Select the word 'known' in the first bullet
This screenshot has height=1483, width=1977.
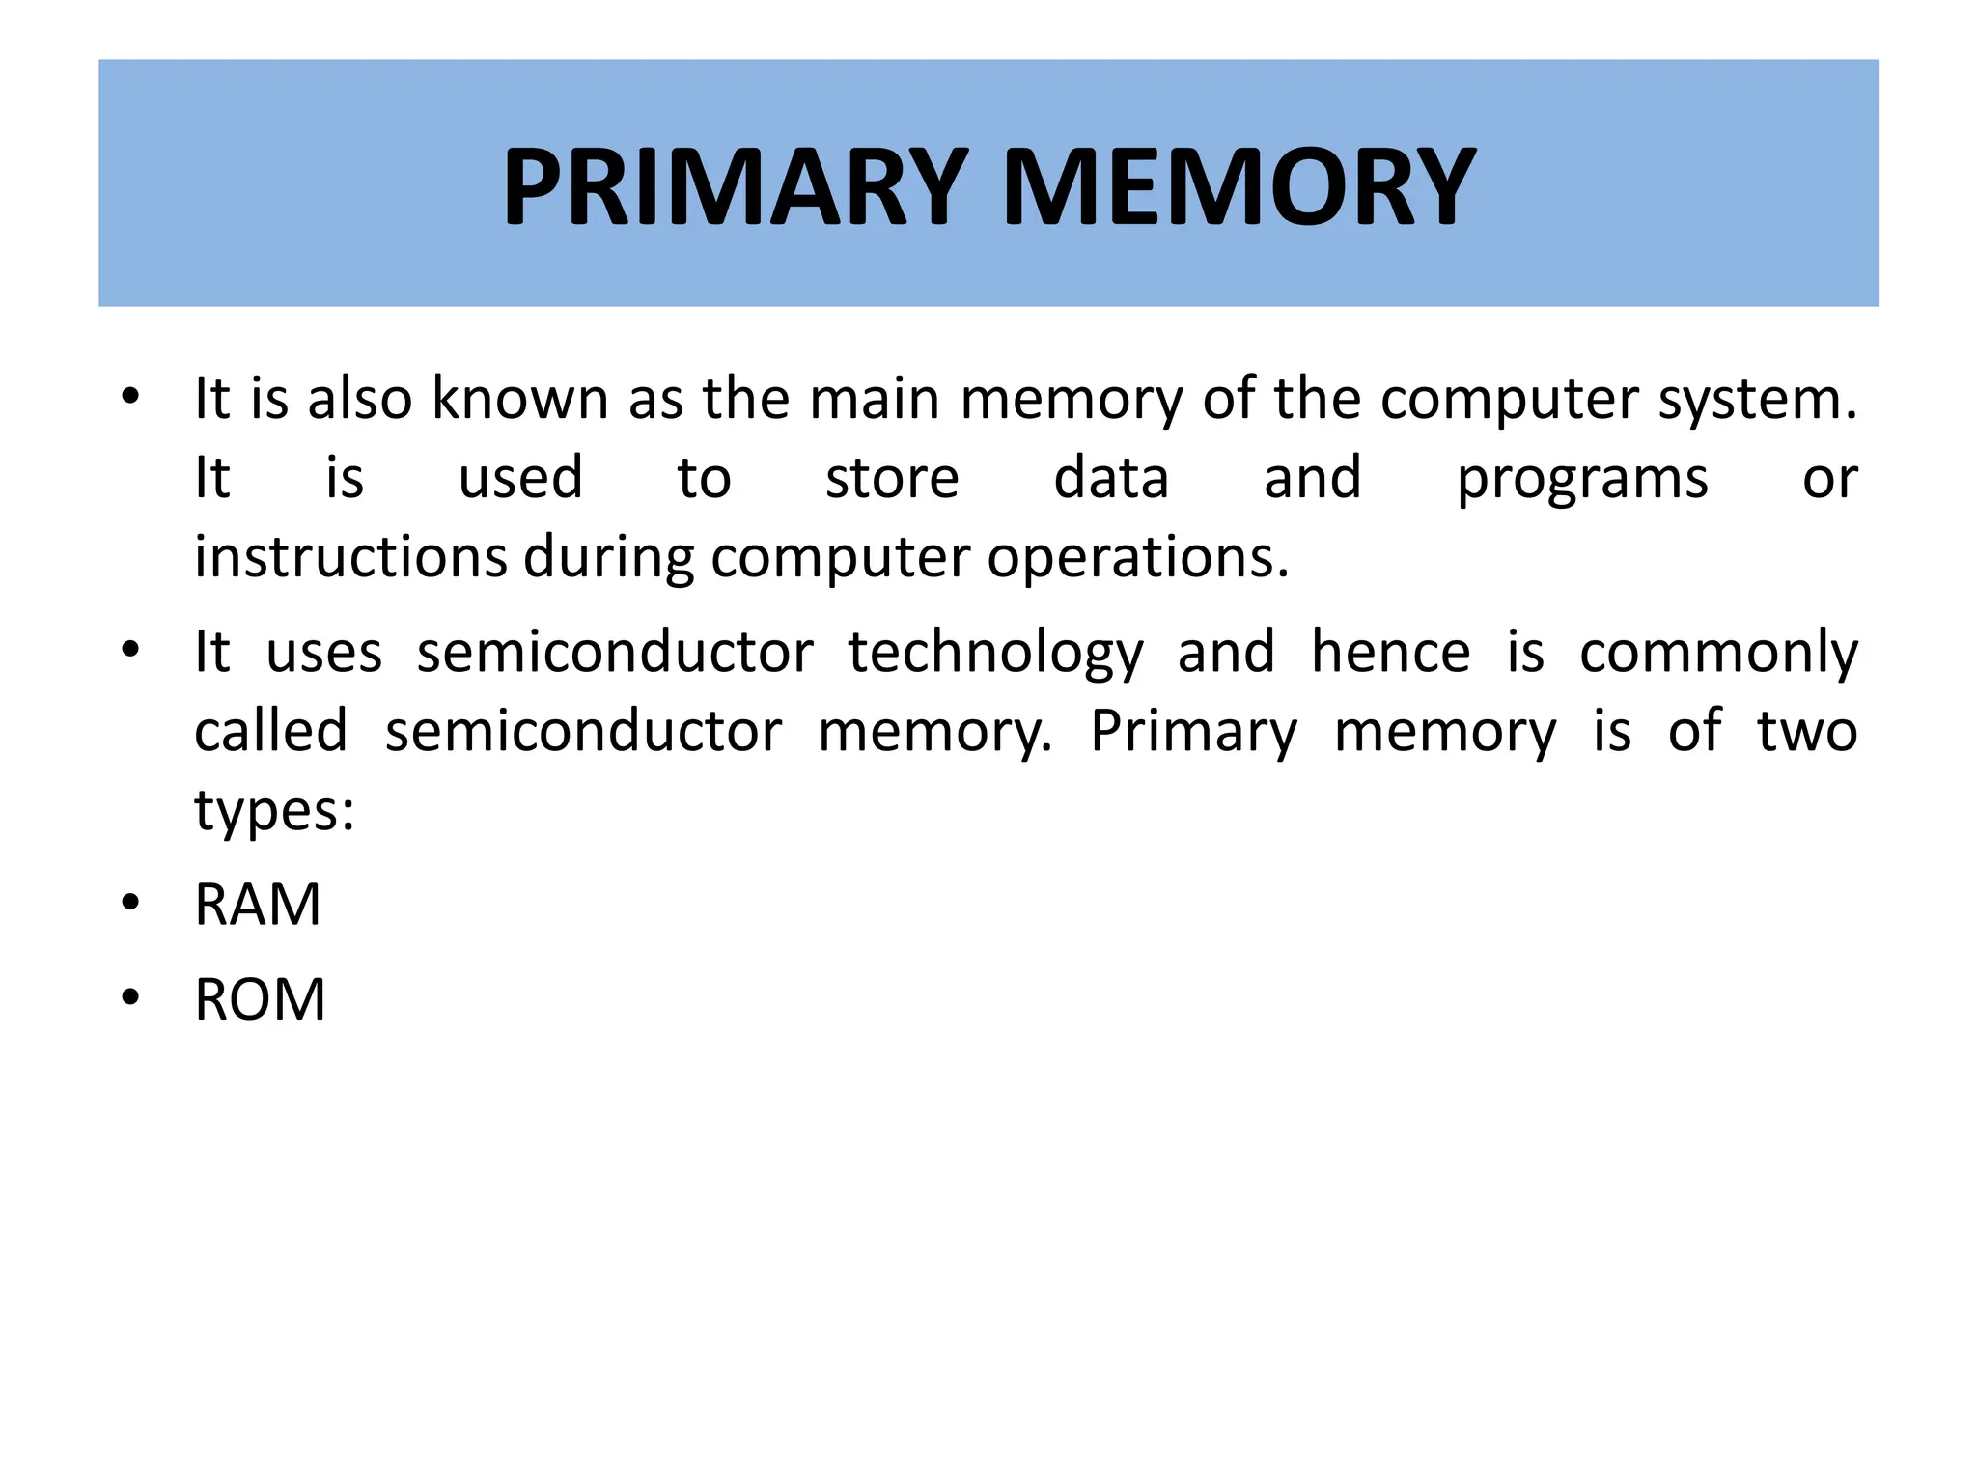coord(520,398)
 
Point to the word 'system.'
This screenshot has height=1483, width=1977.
coord(1757,400)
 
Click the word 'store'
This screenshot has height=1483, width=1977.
coord(892,478)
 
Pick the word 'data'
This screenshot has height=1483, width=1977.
coord(1111,478)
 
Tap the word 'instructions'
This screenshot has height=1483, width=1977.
coord(350,557)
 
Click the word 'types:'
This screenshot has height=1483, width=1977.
coord(275,811)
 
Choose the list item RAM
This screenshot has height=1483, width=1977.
coord(258,905)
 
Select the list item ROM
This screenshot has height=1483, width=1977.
coord(260,999)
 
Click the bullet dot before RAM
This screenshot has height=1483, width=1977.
coord(130,904)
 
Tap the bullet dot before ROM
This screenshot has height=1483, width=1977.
coord(130,997)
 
